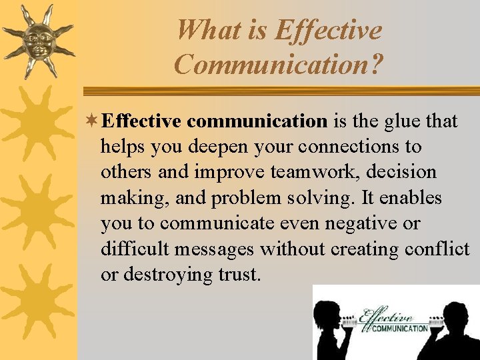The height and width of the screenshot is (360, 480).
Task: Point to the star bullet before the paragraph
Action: tap(95, 121)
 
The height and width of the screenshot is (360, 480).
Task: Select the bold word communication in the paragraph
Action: tap(257, 121)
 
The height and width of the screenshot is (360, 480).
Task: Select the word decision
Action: tap(407, 172)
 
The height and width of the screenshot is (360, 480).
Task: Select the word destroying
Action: tap(166, 274)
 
